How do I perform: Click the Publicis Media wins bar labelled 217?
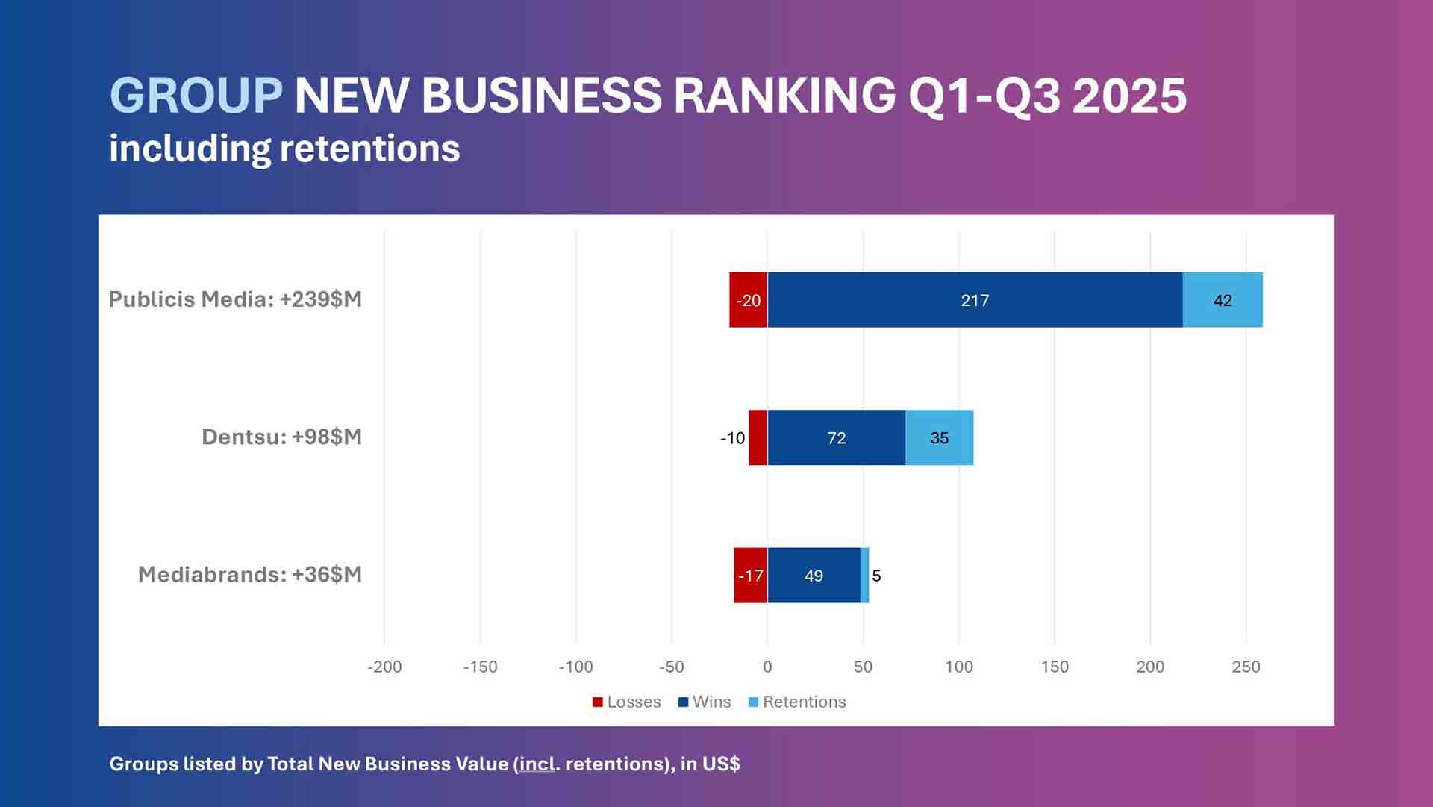(x=975, y=300)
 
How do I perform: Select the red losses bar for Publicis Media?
(x=748, y=300)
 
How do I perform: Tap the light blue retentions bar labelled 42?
(x=1223, y=300)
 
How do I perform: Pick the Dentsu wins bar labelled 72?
(x=836, y=437)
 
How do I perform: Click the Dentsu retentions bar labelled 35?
(x=939, y=437)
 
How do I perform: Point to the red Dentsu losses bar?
(x=758, y=437)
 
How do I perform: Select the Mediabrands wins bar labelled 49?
(x=814, y=575)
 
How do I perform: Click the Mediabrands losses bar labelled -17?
(x=750, y=575)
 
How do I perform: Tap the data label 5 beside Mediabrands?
(x=876, y=576)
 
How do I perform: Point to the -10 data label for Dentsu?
(x=732, y=438)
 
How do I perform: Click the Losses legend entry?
(x=627, y=702)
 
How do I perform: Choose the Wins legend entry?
(x=705, y=702)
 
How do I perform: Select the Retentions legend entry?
(x=797, y=702)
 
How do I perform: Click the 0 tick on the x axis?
(x=767, y=667)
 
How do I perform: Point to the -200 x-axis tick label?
(x=384, y=667)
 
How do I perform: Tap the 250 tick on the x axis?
(x=1246, y=667)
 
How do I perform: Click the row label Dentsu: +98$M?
(x=281, y=437)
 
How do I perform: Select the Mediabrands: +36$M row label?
(x=249, y=574)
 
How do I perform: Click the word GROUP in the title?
(x=196, y=96)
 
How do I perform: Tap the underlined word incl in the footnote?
(x=537, y=764)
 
